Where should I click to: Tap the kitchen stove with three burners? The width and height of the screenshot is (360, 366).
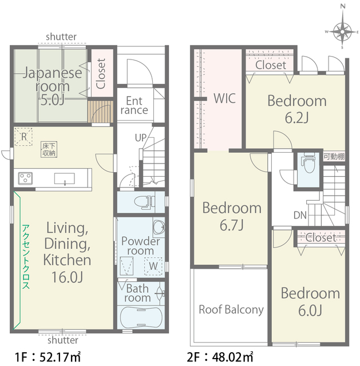(x=25, y=178)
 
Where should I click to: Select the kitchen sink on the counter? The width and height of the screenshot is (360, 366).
(x=65, y=179)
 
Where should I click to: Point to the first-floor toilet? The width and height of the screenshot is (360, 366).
(x=145, y=202)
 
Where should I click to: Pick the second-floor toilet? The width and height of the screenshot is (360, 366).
(x=310, y=164)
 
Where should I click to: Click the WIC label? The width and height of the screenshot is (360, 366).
(x=224, y=98)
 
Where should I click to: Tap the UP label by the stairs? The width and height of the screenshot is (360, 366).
(x=140, y=138)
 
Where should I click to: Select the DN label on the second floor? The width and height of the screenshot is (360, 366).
(x=300, y=215)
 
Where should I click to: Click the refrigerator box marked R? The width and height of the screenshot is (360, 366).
(x=23, y=137)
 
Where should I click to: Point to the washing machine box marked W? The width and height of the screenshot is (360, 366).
(x=153, y=266)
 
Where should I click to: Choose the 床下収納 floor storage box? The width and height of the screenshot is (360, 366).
(x=49, y=149)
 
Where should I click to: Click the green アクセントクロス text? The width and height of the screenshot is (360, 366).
(x=26, y=257)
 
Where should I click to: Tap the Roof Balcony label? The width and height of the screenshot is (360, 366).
(x=231, y=310)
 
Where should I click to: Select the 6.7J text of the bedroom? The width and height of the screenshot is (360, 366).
(x=232, y=225)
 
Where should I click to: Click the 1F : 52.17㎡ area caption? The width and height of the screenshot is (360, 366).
(x=48, y=357)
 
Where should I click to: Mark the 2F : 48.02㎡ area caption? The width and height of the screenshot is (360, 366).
(x=220, y=357)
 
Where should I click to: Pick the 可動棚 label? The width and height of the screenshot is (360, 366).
(x=334, y=157)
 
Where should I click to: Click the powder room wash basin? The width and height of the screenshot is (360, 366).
(x=159, y=226)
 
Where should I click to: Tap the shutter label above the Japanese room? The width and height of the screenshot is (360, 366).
(x=61, y=37)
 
